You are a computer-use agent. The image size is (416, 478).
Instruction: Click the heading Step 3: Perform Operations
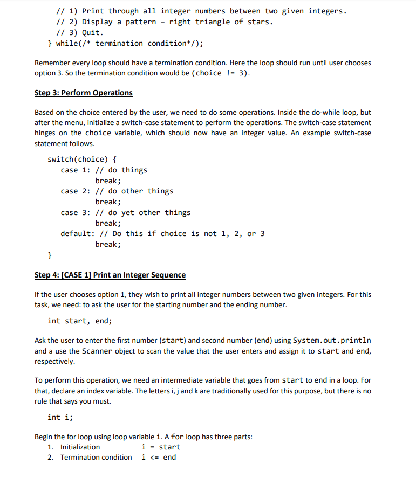83,93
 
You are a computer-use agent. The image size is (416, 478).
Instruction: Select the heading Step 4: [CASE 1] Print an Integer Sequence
110,275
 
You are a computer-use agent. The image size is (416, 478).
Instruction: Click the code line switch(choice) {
82,159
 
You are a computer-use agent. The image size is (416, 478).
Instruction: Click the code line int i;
60,417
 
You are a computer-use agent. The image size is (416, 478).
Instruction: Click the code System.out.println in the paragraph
332,341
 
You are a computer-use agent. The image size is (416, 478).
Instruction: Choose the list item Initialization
80,447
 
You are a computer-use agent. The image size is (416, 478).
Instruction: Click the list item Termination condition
96,457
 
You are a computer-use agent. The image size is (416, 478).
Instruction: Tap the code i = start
161,447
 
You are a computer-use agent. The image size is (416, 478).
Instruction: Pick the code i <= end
159,457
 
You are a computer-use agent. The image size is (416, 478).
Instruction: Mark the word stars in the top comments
257,22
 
